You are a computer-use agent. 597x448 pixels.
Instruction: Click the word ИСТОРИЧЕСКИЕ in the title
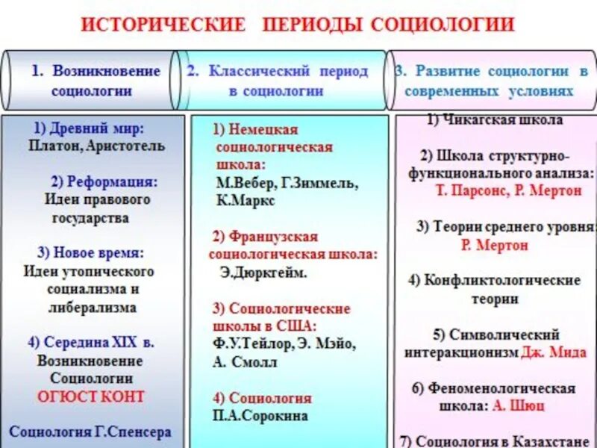[162, 24]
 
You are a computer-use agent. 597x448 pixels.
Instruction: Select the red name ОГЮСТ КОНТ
[91, 396]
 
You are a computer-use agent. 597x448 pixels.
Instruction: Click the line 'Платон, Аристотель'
[97, 146]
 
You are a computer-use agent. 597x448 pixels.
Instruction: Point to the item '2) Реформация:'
[104, 181]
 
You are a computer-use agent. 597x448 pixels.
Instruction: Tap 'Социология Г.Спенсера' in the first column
[90, 432]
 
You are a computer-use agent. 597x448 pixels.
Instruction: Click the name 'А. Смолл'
[245, 362]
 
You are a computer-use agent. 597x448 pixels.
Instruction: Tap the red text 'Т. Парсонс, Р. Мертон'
[508, 190]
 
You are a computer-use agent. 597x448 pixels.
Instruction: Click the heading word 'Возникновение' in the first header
[107, 71]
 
